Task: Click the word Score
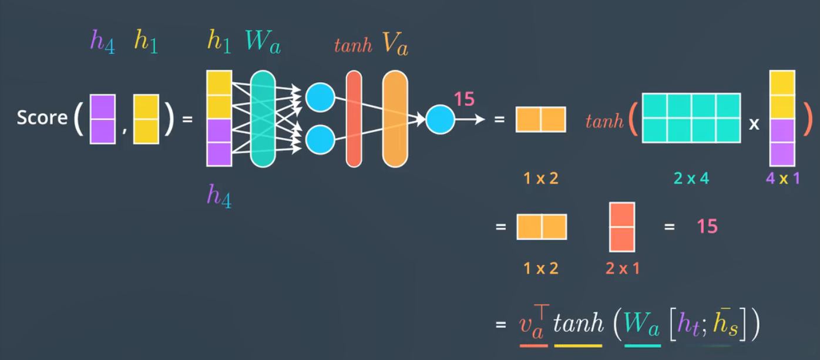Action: (42, 118)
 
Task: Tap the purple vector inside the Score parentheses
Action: (102, 119)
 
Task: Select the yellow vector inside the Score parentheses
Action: (146, 119)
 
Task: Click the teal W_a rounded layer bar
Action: (263, 119)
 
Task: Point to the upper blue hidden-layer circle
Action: (320, 96)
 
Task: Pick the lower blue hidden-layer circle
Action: (320, 140)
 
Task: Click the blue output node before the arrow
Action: (440, 119)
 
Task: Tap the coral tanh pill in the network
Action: (354, 119)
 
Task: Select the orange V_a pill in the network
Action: (395, 119)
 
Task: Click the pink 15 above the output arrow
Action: (463, 99)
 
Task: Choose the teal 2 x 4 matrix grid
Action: (691, 118)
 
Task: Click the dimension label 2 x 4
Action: (691, 178)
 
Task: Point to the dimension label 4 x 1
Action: (782, 178)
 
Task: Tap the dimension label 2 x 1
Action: (622, 268)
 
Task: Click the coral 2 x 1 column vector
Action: (622, 227)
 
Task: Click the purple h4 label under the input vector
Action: (219, 196)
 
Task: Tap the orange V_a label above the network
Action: (395, 44)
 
